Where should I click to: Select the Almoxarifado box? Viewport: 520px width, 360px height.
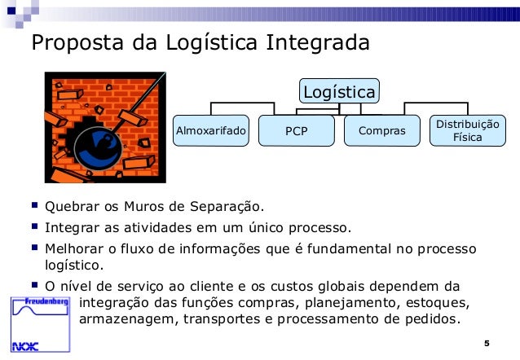click(x=211, y=130)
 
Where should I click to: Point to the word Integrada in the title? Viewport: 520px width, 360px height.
click(x=319, y=42)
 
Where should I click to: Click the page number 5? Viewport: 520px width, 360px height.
click(x=486, y=341)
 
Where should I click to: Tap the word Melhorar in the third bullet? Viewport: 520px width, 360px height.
click(x=76, y=248)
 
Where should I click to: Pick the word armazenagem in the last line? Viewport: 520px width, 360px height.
click(x=123, y=319)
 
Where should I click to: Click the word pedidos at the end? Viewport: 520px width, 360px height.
click(x=430, y=319)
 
